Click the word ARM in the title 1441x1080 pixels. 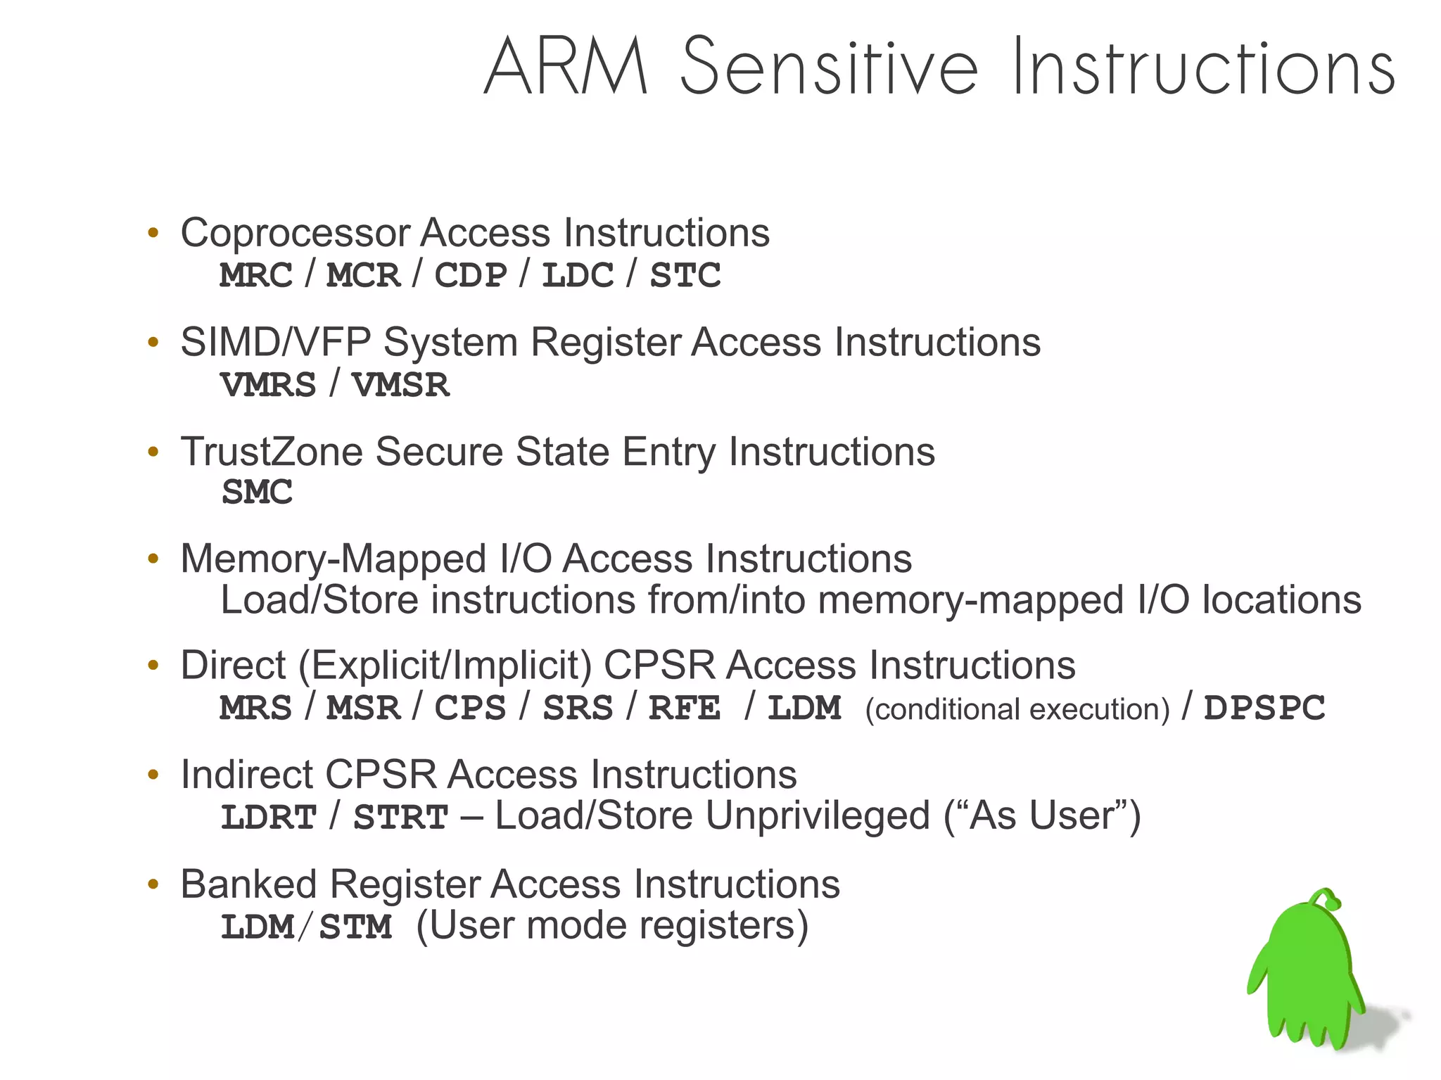566,67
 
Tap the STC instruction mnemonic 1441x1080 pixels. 685,275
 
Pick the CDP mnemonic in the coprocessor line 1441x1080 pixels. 470,275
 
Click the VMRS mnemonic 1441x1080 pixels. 268,385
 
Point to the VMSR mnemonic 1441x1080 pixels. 400,385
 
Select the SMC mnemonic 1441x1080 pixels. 257,492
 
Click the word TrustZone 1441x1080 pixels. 272,452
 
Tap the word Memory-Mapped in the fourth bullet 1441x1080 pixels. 334,559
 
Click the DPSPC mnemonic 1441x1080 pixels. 1264,708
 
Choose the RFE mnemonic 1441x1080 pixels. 684,708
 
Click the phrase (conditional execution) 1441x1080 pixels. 1017,709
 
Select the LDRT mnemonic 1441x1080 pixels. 268,818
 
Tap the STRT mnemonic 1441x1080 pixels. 400,818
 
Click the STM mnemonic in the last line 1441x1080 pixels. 355,927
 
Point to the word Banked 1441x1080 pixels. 248,884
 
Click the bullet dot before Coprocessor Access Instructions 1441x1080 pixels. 153,233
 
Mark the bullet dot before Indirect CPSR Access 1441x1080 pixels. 153,775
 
